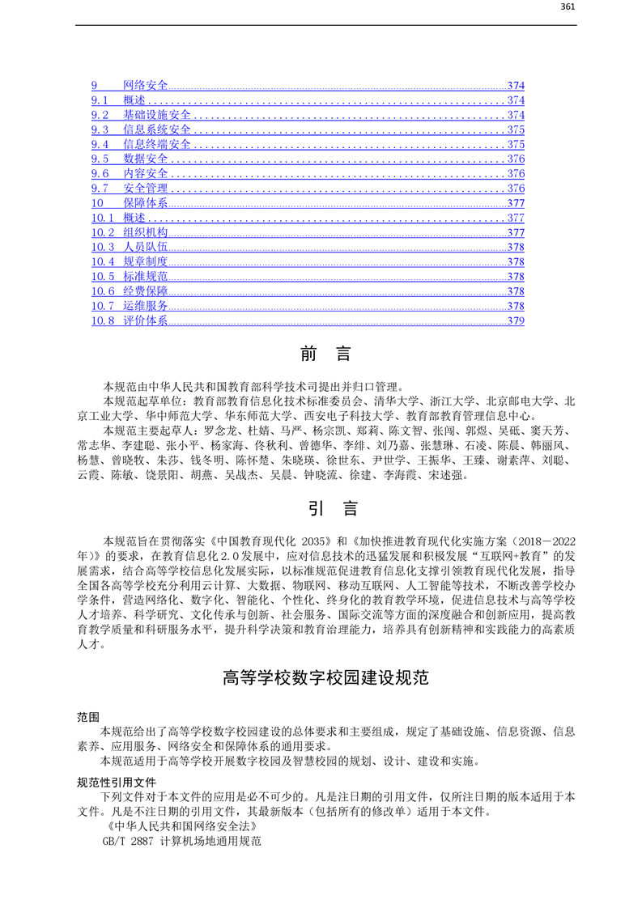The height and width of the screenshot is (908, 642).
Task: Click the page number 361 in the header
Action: [x=568, y=7]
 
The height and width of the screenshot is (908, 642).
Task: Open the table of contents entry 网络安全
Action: [x=146, y=86]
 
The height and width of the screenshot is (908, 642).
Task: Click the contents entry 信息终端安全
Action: [x=157, y=144]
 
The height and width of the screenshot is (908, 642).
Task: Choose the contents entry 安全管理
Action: [x=146, y=189]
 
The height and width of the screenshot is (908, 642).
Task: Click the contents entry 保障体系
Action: [x=146, y=203]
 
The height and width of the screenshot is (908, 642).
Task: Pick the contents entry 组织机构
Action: [x=146, y=232]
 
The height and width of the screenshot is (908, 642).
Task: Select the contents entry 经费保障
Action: [x=146, y=291]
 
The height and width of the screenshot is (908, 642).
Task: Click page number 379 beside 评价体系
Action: [x=516, y=320]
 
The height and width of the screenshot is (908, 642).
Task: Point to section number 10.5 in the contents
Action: [x=103, y=277]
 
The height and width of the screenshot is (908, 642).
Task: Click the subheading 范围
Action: [x=88, y=717]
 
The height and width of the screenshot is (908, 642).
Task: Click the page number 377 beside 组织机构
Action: [x=516, y=232]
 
